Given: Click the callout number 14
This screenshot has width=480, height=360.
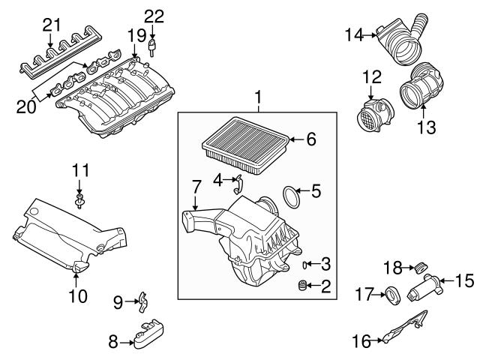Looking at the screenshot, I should (353, 34).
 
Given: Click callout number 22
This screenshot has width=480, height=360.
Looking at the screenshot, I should (153, 16).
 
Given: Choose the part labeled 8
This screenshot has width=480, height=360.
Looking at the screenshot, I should (148, 333).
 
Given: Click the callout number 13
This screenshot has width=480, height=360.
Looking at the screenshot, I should (425, 128).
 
